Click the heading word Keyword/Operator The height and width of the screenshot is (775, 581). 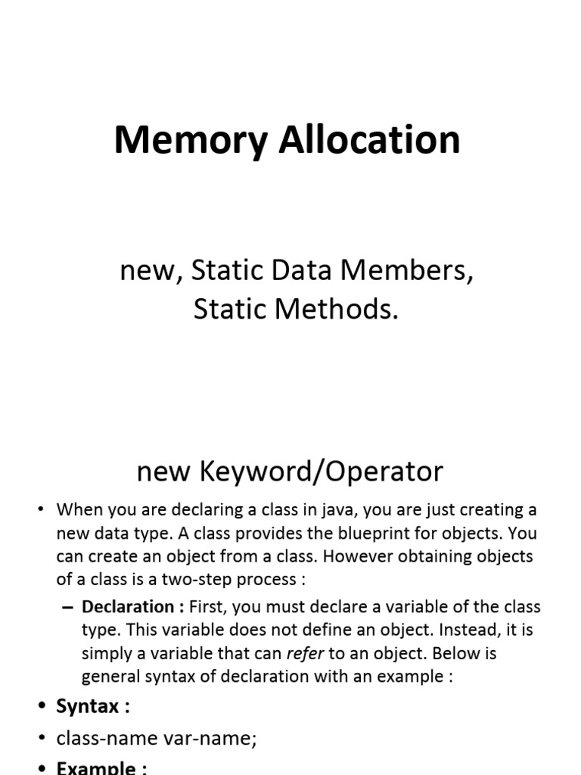pyautogui.click(x=322, y=472)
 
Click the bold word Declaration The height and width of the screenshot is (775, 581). pyautogui.click(x=128, y=606)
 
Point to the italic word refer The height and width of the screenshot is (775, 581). pyautogui.click(x=301, y=654)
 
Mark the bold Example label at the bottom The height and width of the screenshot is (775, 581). pyautogui.click(x=101, y=767)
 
